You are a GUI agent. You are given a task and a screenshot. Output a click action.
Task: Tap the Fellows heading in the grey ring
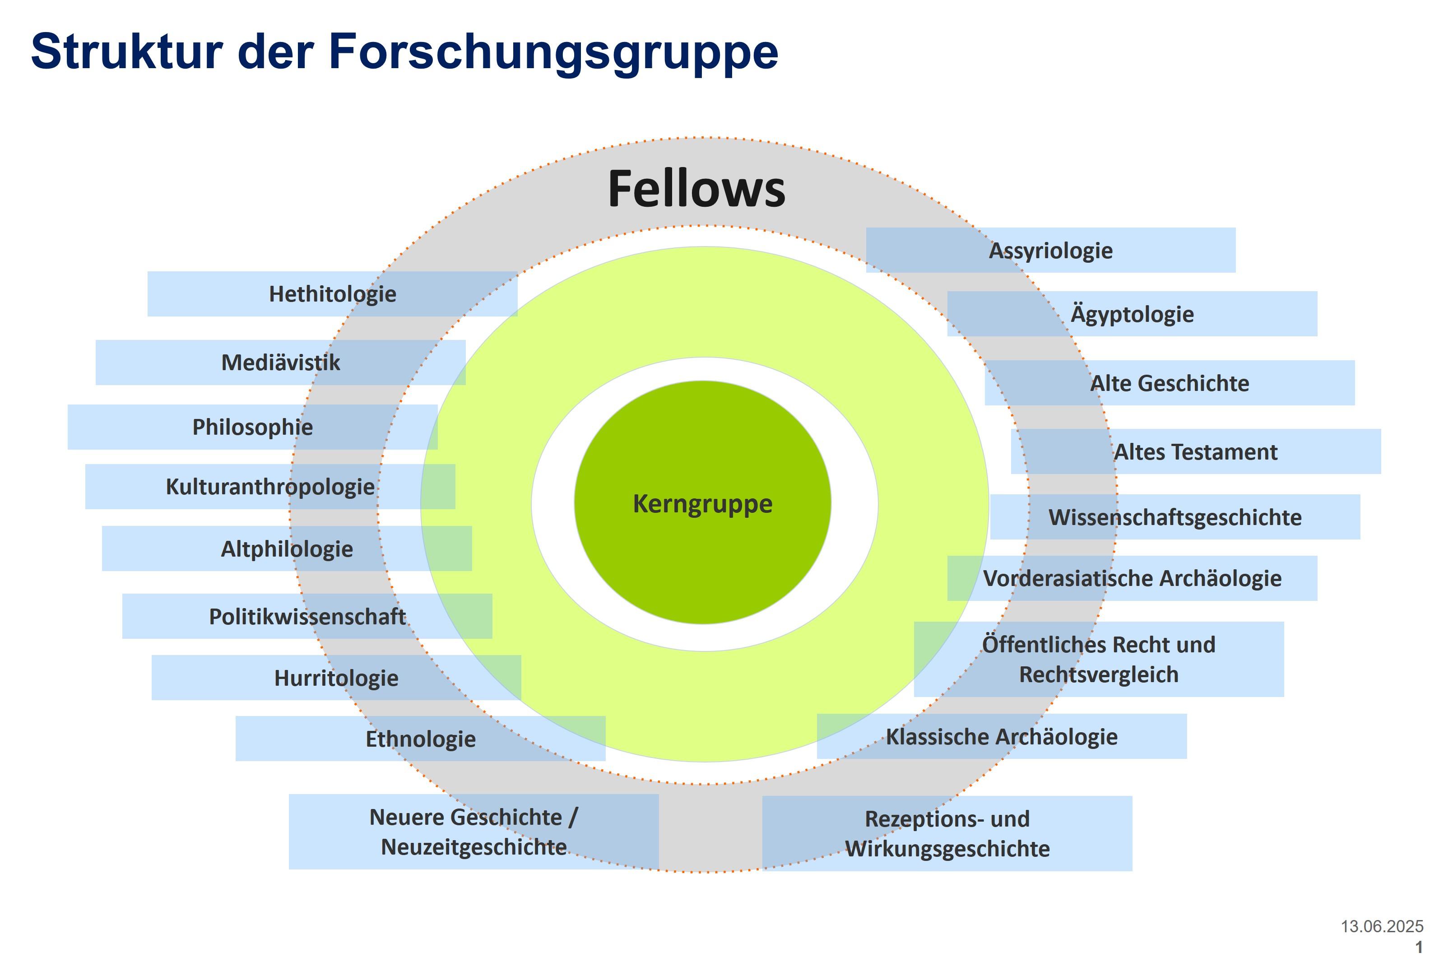coord(696,189)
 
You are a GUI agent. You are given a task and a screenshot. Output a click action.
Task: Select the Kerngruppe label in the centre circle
coord(702,504)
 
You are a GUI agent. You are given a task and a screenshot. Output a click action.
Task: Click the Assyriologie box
coord(1050,251)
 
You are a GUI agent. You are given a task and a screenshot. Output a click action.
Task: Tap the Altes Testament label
coord(1195,452)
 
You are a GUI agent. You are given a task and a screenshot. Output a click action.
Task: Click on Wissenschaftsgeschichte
coord(1174,517)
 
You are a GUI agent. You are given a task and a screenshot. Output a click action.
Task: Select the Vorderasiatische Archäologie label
coord(1132,578)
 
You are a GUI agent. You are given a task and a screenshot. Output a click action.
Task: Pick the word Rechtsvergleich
coord(1099,674)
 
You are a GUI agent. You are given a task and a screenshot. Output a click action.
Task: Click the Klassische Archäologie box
coord(1001,737)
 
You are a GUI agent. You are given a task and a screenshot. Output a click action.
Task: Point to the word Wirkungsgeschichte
coord(947,849)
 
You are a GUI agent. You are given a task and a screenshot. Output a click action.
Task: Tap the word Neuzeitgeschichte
coord(473,847)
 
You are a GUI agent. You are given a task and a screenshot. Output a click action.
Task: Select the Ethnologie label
coord(421,739)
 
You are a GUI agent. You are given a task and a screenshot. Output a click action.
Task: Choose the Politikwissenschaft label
coord(307,617)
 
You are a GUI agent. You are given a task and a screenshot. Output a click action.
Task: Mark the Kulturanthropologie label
coord(270,487)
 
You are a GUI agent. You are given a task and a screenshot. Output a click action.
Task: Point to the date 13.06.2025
coord(1382,926)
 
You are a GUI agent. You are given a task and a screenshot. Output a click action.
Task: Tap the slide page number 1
coord(1419,947)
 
